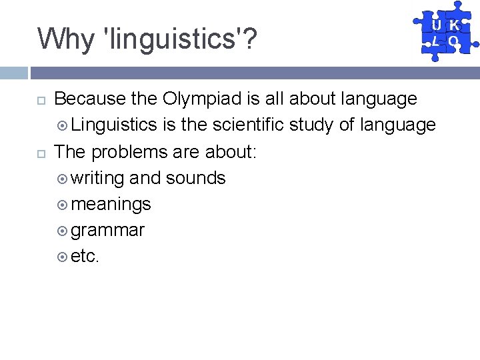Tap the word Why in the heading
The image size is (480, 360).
coord(65,39)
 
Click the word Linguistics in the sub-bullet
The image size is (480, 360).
coord(114,125)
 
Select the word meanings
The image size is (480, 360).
coord(111,204)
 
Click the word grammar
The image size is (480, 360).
coord(107,231)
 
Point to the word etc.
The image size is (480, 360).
coord(85,257)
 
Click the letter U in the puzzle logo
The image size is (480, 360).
coord(435,25)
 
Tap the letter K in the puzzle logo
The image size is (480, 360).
coord(454,25)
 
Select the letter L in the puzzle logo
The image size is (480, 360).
coord(435,41)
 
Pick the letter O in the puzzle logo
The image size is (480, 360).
coord(454,41)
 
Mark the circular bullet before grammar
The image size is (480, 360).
coord(62,231)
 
